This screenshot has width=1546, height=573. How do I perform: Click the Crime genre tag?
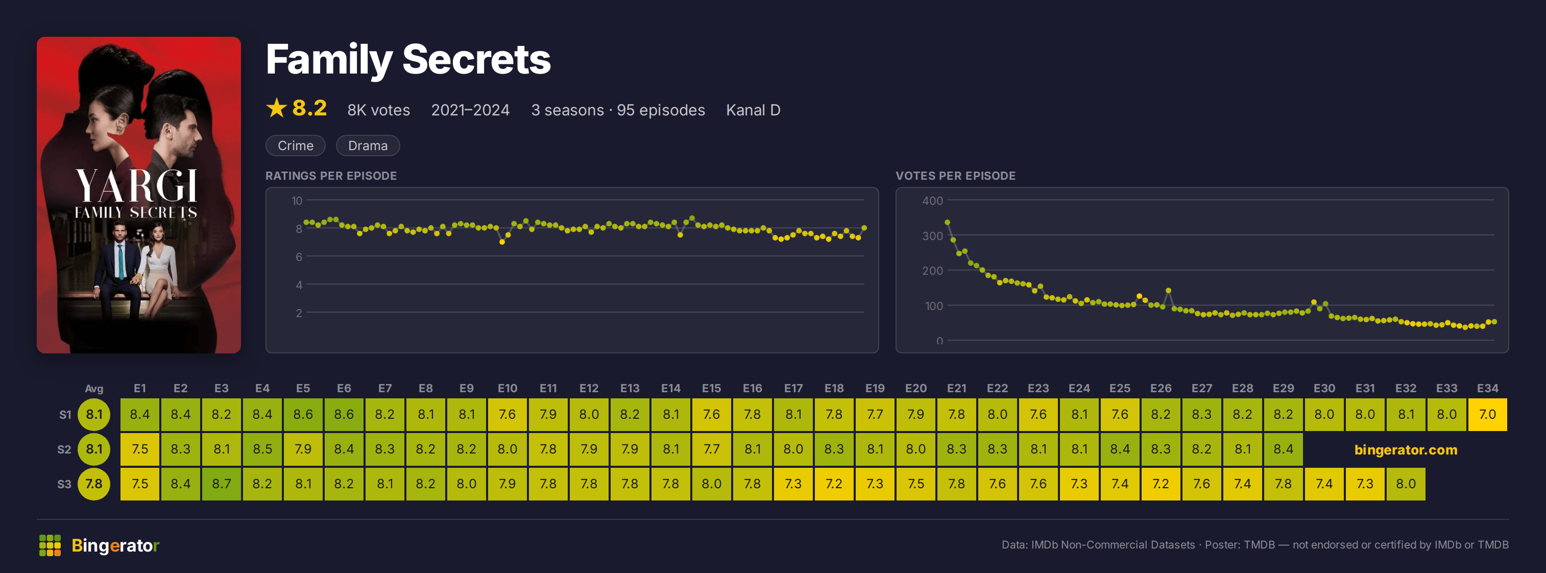click(x=295, y=146)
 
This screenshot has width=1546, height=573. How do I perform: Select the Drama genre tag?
click(x=368, y=146)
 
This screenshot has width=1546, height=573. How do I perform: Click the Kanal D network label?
click(x=753, y=110)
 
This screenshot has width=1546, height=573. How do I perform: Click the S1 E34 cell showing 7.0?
click(x=1487, y=415)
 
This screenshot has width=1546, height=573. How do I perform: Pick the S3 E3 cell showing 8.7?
click(x=222, y=484)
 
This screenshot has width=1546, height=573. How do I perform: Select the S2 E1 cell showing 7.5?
click(x=140, y=449)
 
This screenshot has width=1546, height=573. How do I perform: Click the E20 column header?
click(x=916, y=388)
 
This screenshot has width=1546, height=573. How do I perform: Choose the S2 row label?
click(x=64, y=449)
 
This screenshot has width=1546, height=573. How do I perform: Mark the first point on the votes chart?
click(x=948, y=223)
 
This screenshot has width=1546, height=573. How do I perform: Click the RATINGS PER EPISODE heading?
click(x=331, y=176)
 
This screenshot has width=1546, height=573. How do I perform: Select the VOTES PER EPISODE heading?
click(x=955, y=176)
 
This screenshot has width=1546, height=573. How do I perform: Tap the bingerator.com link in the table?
click(x=1406, y=450)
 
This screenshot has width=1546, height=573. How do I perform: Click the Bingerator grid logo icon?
click(x=50, y=545)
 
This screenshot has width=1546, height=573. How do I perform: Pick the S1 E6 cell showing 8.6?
click(x=344, y=415)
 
